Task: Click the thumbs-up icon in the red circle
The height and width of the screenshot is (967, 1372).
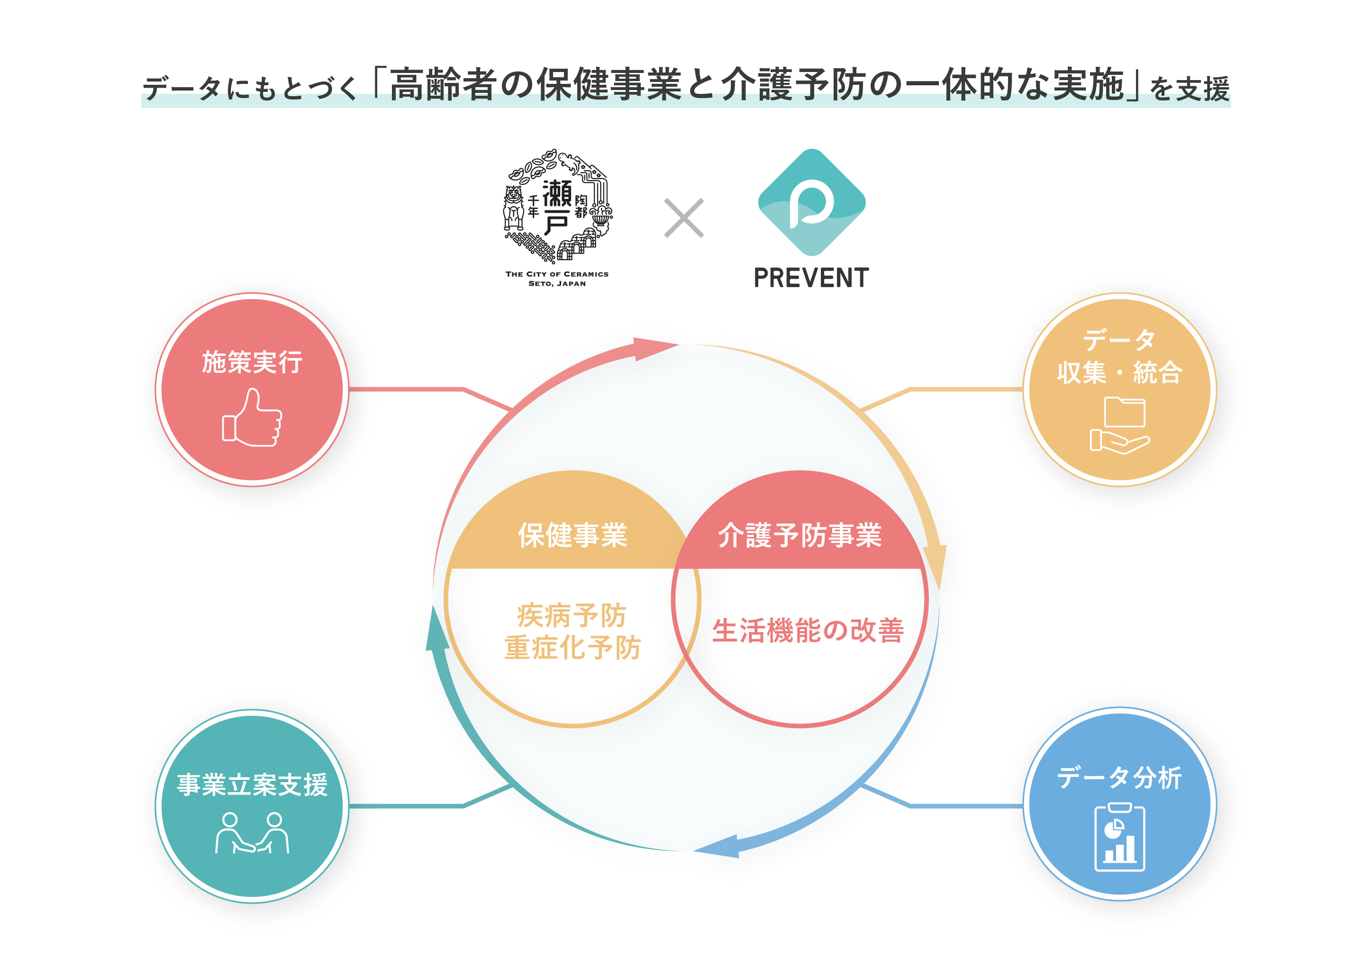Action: [x=252, y=417]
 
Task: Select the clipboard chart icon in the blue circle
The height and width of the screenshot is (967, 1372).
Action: [x=1119, y=837]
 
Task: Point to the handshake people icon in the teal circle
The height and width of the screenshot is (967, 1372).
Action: [x=252, y=833]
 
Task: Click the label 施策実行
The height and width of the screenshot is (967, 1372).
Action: [x=252, y=362]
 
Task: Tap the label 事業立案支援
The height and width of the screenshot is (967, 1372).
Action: [x=252, y=785]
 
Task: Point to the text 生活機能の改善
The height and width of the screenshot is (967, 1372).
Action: [x=808, y=631]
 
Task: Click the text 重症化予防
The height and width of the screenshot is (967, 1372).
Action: [x=572, y=648]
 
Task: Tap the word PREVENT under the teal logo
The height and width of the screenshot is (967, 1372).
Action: [x=811, y=278]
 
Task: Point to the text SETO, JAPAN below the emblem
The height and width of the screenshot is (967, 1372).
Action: [x=557, y=284]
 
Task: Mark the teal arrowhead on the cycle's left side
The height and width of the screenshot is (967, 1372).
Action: [x=436, y=630]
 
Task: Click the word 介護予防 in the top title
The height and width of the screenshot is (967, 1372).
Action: [x=793, y=85]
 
